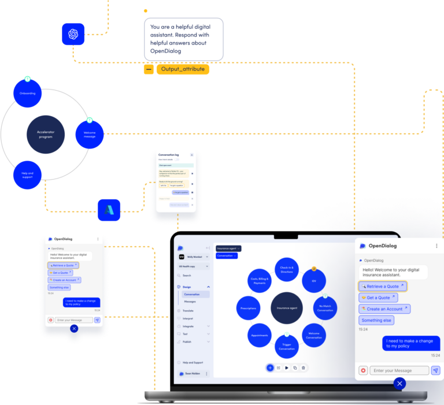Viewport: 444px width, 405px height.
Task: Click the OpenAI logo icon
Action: click(73, 34)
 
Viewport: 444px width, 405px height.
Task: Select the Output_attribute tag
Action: click(183, 69)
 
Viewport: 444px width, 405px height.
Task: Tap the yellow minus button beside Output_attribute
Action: click(149, 69)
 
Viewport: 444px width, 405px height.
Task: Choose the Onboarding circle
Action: click(27, 93)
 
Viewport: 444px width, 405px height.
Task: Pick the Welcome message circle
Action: click(90, 134)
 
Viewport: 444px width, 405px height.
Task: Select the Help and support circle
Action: click(27, 175)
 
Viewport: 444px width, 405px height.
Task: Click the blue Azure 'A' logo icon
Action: click(109, 210)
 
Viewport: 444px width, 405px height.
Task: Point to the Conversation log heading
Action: click(169, 155)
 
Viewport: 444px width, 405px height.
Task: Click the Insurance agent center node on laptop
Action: click(287, 308)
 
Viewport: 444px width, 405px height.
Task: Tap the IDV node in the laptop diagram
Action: click(314, 281)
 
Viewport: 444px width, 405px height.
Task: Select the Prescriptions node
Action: click(249, 308)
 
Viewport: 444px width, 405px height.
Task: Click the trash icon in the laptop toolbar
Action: click(304, 367)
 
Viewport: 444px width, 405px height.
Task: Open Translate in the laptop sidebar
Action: click(188, 311)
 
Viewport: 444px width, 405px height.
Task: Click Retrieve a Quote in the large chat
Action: click(383, 286)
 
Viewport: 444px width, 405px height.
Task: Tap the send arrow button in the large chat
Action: click(436, 370)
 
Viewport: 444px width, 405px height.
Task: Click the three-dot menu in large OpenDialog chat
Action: click(436, 246)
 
